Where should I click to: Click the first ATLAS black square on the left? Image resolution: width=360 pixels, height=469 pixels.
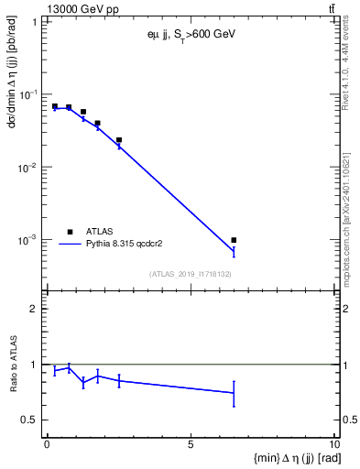click(x=55, y=106)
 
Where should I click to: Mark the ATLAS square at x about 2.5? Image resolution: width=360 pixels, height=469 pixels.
click(x=119, y=140)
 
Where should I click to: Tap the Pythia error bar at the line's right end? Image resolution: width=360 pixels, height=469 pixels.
click(x=235, y=251)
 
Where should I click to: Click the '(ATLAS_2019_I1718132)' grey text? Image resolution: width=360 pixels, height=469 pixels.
click(x=191, y=274)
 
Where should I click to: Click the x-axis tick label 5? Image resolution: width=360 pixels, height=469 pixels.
click(x=191, y=446)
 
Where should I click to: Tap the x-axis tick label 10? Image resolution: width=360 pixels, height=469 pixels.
click(x=333, y=446)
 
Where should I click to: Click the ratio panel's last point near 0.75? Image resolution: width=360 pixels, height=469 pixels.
click(x=235, y=393)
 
